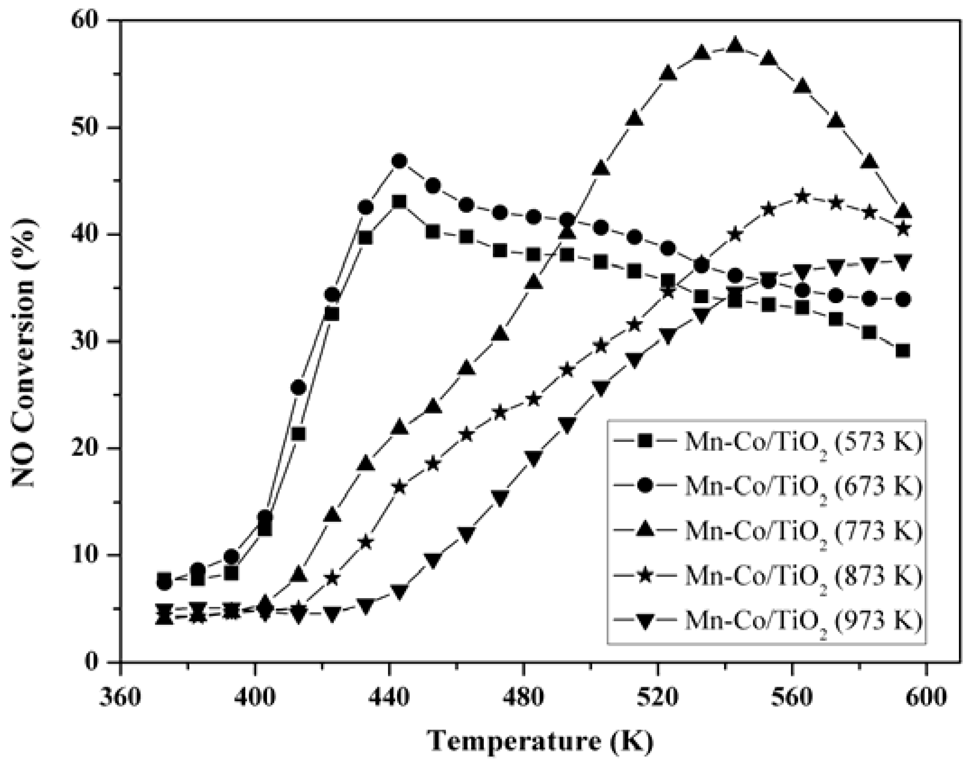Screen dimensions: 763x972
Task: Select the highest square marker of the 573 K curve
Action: click(399, 201)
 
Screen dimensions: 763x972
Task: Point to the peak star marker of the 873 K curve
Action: click(803, 197)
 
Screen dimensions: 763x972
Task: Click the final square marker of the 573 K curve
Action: click(903, 351)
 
